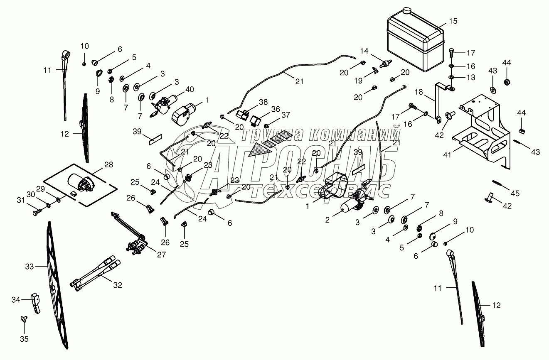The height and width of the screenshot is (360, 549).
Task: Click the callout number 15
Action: (x=453, y=21)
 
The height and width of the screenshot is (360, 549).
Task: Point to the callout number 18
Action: (x=419, y=91)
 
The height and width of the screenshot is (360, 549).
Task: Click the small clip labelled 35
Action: (x=23, y=319)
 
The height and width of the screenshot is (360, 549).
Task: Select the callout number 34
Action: (x=15, y=299)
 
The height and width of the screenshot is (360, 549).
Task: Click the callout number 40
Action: (x=190, y=89)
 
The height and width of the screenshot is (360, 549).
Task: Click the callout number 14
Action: (x=364, y=51)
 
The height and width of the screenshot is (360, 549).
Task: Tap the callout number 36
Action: (x=275, y=109)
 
